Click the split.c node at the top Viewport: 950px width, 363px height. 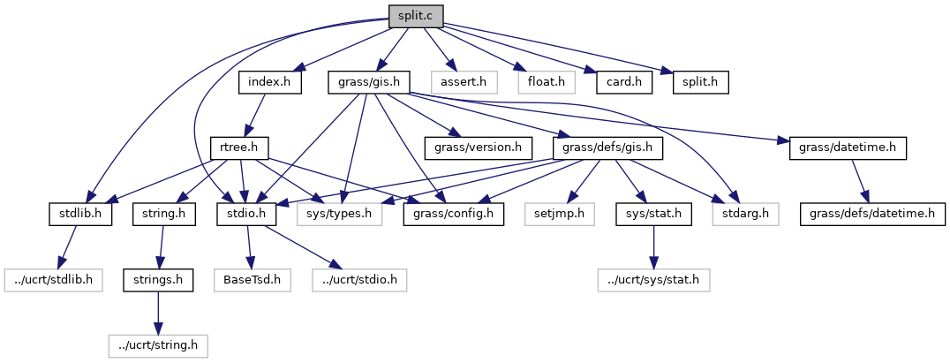click(x=414, y=16)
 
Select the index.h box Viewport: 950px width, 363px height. click(x=270, y=82)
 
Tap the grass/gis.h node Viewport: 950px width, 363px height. click(x=369, y=82)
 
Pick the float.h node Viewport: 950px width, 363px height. click(x=546, y=82)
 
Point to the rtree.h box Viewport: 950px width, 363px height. click(x=239, y=147)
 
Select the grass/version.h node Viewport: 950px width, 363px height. click(x=478, y=147)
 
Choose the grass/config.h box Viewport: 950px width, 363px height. click(x=453, y=213)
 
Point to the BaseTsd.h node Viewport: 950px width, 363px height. click(x=250, y=279)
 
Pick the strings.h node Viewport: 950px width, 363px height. click(x=158, y=279)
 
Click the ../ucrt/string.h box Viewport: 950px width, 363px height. click(x=157, y=344)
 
